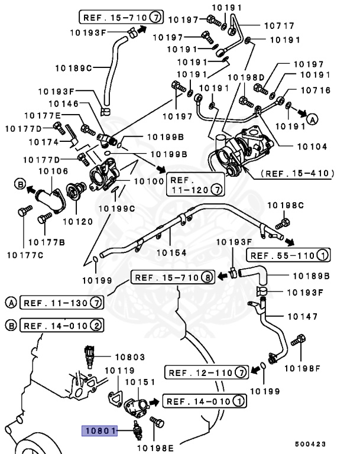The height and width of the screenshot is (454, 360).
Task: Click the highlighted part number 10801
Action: (x=99, y=432)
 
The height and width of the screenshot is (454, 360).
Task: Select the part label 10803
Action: (x=129, y=357)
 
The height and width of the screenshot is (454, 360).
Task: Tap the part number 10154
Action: (x=171, y=252)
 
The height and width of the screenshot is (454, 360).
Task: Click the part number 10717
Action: (x=278, y=26)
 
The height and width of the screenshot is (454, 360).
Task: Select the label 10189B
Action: (x=311, y=276)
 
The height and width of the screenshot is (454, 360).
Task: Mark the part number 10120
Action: (x=78, y=222)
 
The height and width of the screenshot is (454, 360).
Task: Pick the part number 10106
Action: (x=53, y=171)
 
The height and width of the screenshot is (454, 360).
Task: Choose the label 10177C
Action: (x=24, y=255)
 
